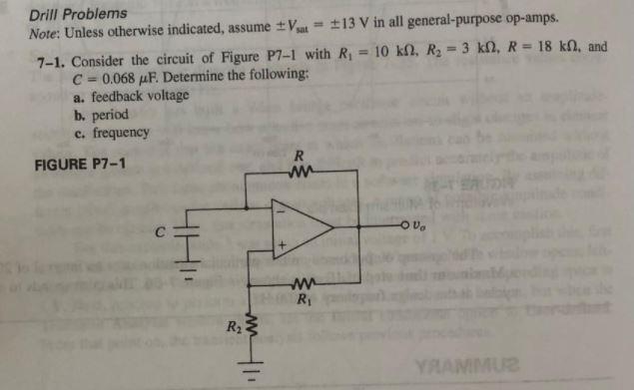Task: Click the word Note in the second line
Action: click(x=44, y=33)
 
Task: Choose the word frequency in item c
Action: click(x=120, y=133)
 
